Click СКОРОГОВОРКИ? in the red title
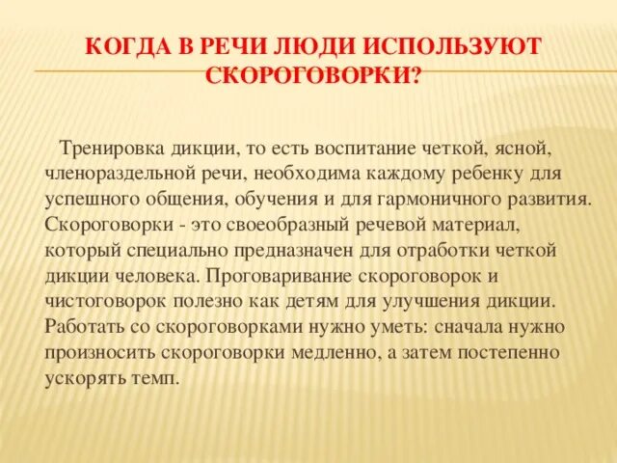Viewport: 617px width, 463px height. pyautogui.click(x=313, y=76)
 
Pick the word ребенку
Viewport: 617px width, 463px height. pyautogui.click(x=487, y=175)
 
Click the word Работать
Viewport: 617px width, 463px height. pyautogui.click(x=82, y=326)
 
